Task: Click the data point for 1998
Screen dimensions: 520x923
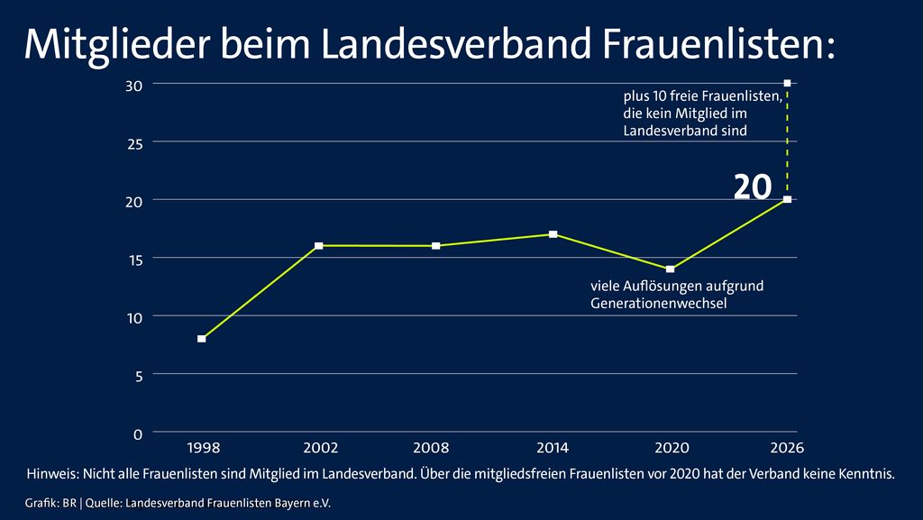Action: point(201,339)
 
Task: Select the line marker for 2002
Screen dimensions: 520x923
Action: point(318,245)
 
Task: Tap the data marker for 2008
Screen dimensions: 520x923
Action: point(435,245)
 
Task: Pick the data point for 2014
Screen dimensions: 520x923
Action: point(553,234)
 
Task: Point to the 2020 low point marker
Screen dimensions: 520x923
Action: point(670,269)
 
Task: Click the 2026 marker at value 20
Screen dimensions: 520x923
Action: point(787,199)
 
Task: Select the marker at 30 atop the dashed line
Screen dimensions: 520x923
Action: point(787,83)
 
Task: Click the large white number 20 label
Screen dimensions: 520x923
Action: point(752,187)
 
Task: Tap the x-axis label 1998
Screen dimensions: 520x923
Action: point(202,447)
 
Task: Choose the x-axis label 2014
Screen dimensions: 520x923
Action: point(553,447)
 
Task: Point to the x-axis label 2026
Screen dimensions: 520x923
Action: point(787,447)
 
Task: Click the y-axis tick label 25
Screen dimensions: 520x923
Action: point(133,142)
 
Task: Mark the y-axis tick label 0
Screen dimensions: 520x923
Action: point(138,433)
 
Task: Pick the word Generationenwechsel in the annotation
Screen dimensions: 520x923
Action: point(658,304)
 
